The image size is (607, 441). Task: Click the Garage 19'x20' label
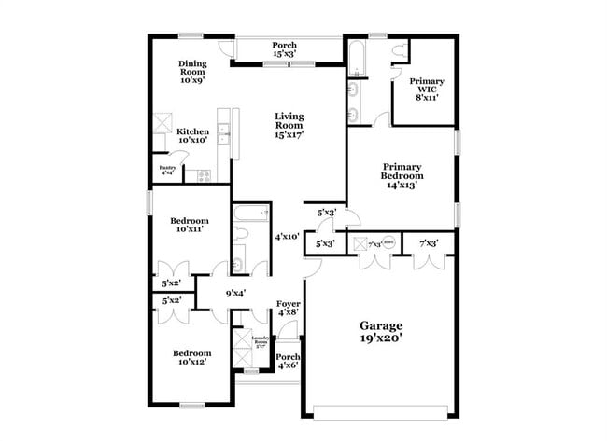[382, 331]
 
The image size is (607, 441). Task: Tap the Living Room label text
[289, 125]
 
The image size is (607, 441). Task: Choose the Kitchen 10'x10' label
[192, 137]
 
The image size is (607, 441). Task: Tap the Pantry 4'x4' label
[167, 170]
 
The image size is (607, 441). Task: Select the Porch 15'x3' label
[285, 49]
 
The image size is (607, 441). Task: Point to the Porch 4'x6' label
[289, 362]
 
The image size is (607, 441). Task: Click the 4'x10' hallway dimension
[286, 237]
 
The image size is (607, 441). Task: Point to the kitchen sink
[224, 136]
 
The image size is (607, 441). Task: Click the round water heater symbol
[388, 243]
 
